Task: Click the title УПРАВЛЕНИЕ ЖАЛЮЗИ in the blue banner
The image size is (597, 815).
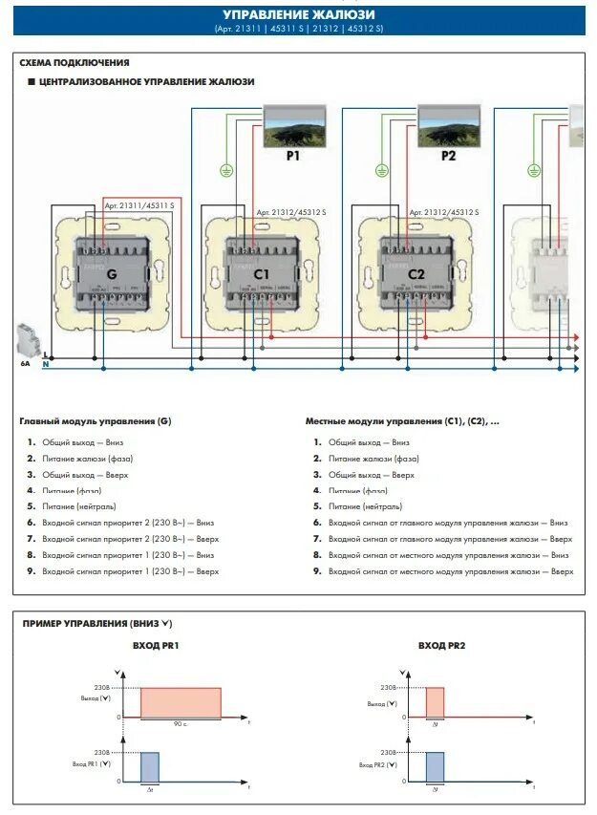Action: (298, 15)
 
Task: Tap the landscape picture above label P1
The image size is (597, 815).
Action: (293, 124)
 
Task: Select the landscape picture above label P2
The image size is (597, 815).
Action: (448, 124)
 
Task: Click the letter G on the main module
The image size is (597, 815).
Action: (112, 274)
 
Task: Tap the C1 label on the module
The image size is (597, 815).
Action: (263, 274)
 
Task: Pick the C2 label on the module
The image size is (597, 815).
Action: (416, 274)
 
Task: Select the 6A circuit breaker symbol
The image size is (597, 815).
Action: (25, 341)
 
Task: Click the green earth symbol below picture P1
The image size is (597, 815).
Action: (226, 170)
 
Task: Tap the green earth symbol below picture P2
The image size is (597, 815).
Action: (381, 170)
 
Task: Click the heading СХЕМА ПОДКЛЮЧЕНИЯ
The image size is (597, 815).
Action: (74, 63)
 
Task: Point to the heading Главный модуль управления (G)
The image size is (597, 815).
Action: (95, 420)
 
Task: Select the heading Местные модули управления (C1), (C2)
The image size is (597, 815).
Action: (402, 420)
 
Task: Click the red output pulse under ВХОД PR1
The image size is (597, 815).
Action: (181, 702)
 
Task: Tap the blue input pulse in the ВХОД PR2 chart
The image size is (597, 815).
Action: (435, 767)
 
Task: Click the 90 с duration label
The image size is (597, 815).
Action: (181, 724)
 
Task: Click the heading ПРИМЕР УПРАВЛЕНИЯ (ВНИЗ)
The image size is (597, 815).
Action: (96, 623)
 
